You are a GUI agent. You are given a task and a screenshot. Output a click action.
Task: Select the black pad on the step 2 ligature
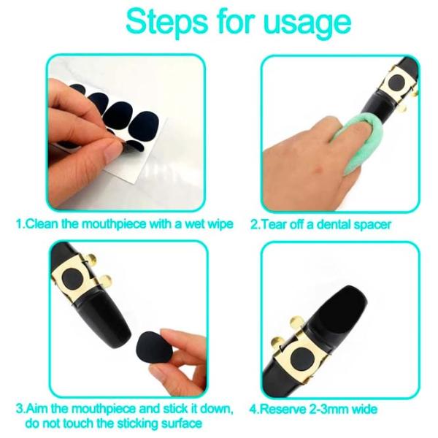(397, 82)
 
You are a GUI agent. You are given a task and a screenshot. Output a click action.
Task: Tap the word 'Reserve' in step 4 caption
(283, 410)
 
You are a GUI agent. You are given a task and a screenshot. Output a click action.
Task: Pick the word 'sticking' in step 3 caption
(137, 424)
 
